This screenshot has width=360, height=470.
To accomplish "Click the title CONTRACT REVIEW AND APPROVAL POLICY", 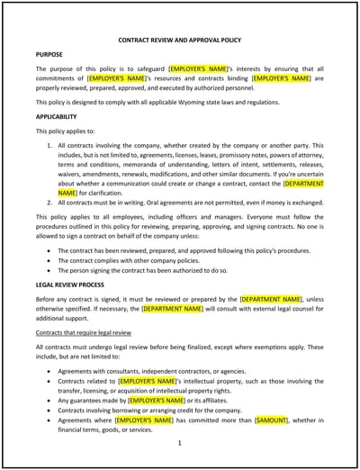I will (180, 41).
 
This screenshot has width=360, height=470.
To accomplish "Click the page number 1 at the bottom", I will (180, 442).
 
